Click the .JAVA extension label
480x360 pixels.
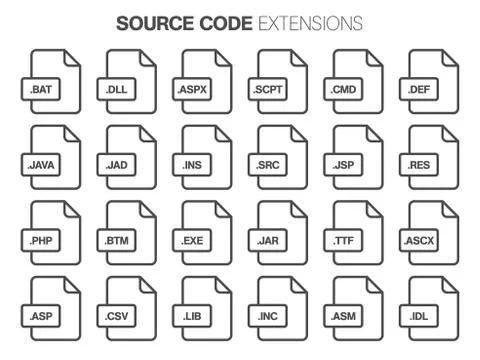[x=40, y=164]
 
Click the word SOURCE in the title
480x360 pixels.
[x=150, y=22]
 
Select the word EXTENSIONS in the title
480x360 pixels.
[x=310, y=22]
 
